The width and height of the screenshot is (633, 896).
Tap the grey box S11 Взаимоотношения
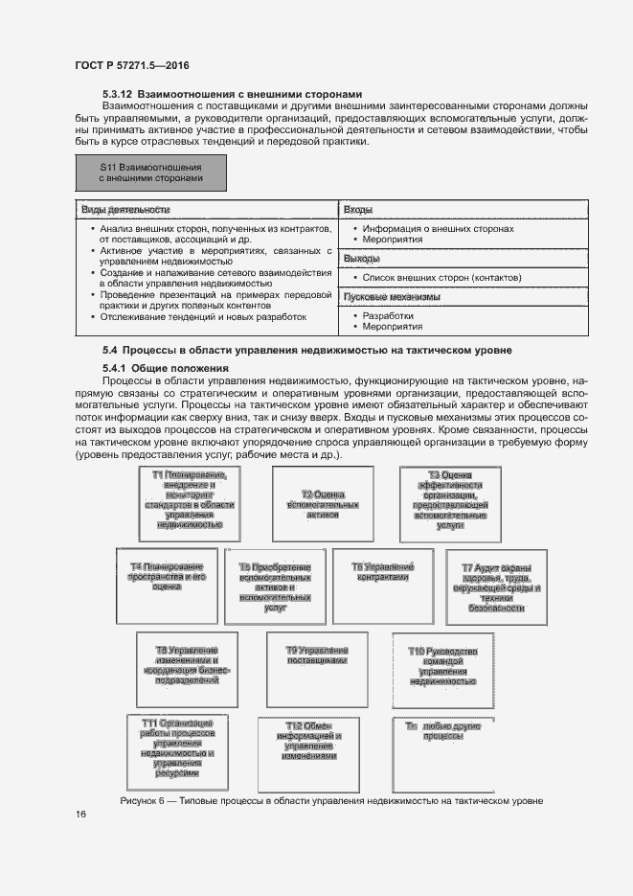[x=150, y=172]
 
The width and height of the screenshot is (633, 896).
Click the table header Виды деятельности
[x=125, y=209]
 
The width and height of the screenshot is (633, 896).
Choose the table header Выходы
[x=362, y=259]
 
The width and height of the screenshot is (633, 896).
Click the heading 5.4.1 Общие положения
[x=165, y=368]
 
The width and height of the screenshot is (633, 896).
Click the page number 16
[x=80, y=815]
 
